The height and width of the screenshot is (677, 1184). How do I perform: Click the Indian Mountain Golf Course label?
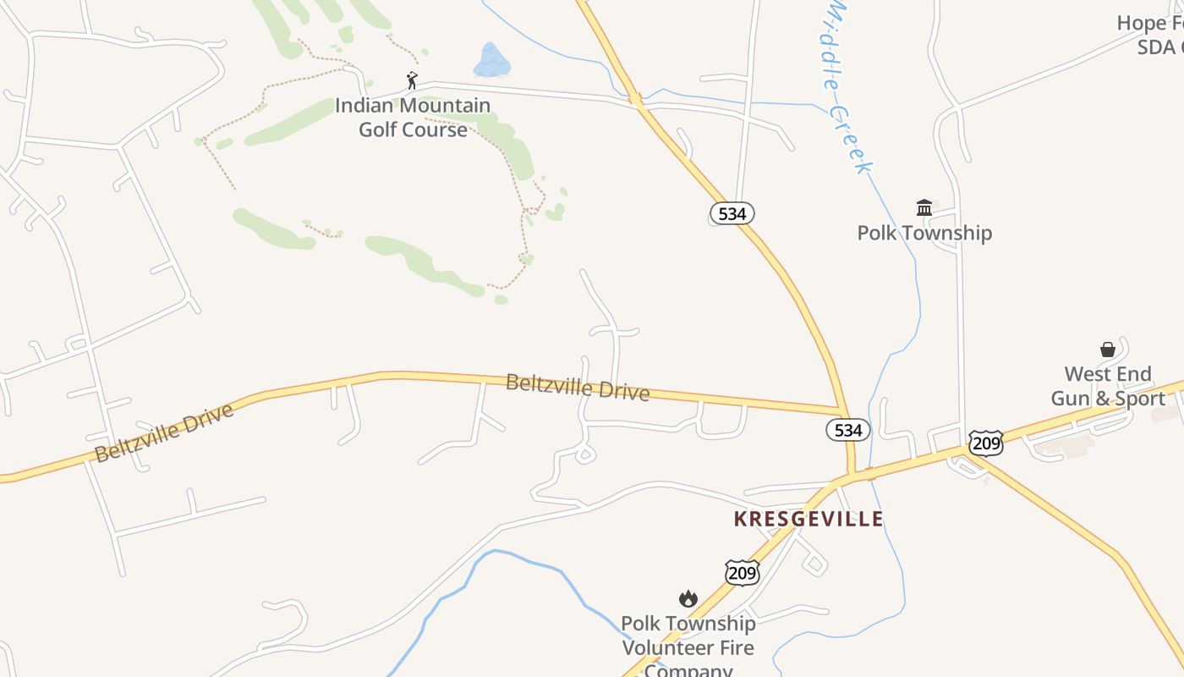413,118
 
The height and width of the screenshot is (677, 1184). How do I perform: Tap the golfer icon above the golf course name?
412,80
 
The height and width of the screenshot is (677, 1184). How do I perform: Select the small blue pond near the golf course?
491,61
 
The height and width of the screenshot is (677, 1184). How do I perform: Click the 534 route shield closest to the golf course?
732,214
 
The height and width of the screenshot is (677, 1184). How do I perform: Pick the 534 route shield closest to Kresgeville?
847,430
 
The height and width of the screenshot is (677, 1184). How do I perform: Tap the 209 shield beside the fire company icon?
742,573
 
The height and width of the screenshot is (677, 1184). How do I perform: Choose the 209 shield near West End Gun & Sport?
985,443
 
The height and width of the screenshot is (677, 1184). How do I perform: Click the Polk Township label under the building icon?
924,233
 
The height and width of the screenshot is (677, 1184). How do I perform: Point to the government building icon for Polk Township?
924,207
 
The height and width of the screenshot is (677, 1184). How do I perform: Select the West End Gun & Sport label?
1108,386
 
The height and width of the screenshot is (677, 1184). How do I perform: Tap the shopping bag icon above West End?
1108,350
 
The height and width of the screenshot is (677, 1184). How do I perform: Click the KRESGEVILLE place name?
809,519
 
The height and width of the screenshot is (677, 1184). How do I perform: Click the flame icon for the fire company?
688,599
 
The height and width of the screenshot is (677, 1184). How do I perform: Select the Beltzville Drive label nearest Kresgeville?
578,388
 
